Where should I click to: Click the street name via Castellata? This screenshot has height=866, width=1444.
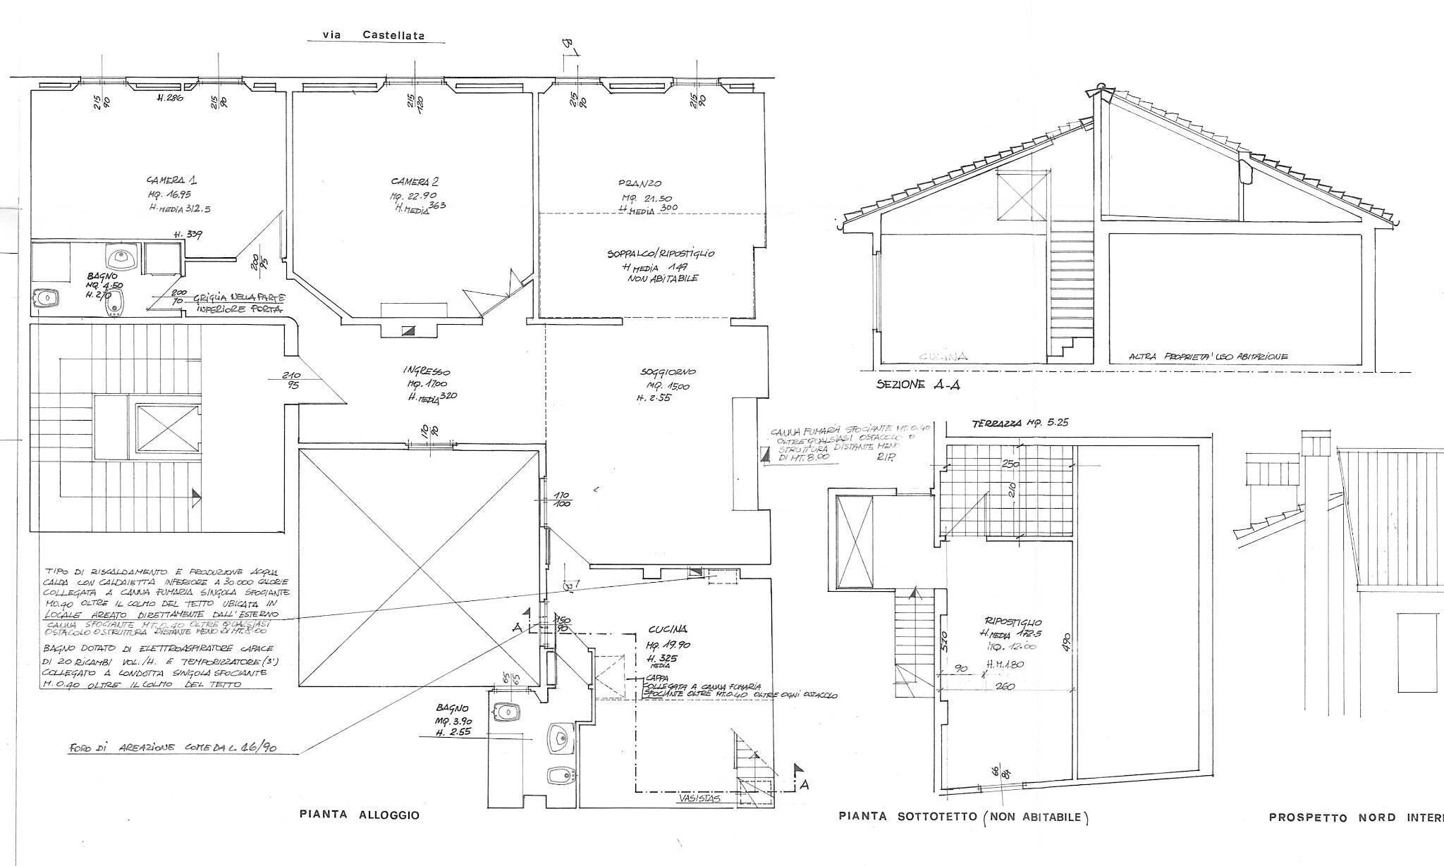click(x=374, y=35)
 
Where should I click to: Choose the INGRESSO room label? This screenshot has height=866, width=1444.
click(x=427, y=371)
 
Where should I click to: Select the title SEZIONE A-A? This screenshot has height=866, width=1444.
click(x=917, y=385)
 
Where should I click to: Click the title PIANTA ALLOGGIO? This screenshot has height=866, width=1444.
click(x=360, y=815)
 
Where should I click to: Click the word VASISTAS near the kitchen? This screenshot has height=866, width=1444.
click(x=698, y=799)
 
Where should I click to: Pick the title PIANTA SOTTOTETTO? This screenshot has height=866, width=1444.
click(x=964, y=817)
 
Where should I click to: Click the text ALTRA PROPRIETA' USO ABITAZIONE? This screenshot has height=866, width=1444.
click(x=1209, y=357)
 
